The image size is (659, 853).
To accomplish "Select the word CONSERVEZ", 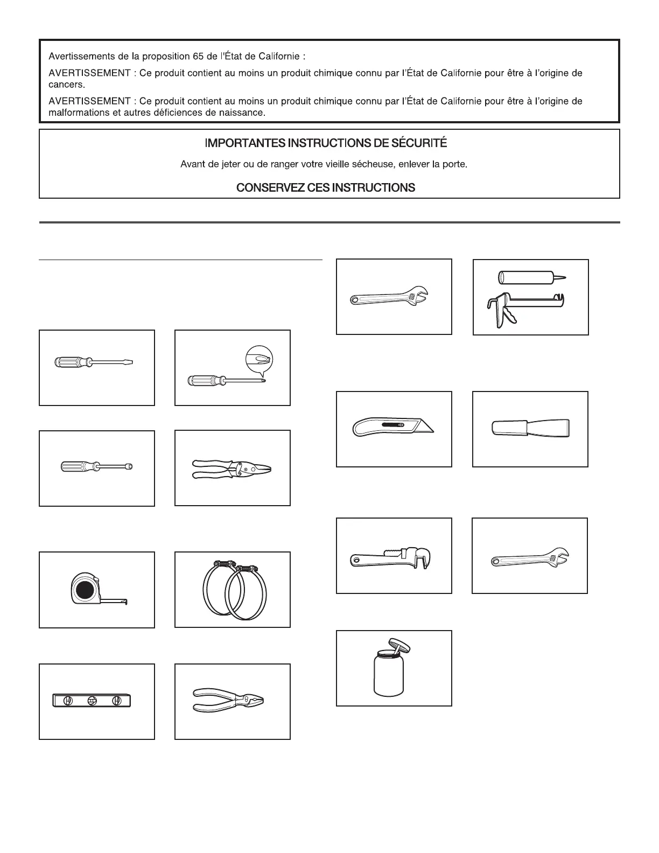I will (x=268, y=188).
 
